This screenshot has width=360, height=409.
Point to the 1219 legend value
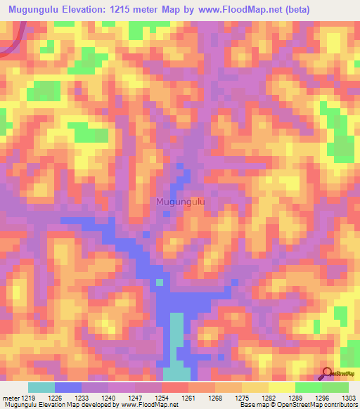click(27, 398)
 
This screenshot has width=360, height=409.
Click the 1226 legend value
click(54, 398)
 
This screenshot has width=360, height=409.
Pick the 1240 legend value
click(108, 398)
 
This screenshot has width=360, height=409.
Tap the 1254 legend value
click(161, 398)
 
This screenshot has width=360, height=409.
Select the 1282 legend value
click(268, 398)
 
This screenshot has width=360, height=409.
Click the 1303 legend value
click(347, 398)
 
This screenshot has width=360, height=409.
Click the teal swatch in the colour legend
click(41, 387)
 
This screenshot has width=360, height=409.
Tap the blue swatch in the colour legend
click(68, 387)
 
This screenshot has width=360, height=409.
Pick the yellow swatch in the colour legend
click(282, 387)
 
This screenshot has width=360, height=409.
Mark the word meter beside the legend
click(10, 398)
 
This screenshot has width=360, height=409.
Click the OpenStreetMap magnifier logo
click(328, 374)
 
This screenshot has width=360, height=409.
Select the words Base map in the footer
click(251, 405)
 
